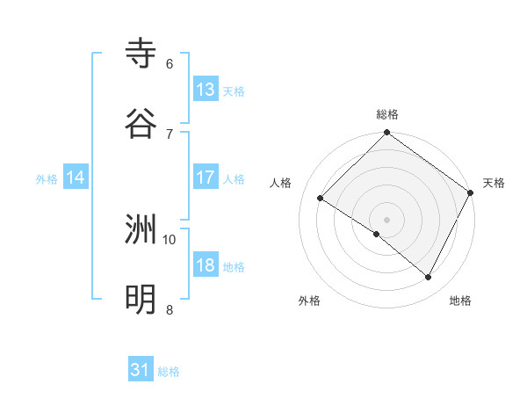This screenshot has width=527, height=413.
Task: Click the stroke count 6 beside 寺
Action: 170,64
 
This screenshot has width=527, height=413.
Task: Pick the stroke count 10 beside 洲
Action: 170,239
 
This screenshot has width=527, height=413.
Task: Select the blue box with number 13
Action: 206,90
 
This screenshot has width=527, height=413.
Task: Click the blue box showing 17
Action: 206,178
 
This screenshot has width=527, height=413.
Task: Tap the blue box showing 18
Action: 206,265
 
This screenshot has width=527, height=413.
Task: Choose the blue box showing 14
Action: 76,178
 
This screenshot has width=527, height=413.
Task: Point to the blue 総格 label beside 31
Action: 169,372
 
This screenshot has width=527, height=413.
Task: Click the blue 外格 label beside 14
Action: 47,179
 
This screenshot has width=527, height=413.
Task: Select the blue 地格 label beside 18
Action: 234,267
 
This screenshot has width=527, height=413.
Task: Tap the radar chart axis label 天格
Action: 494,183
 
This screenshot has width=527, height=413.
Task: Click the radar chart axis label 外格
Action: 309,301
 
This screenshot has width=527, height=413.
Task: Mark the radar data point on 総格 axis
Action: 386,134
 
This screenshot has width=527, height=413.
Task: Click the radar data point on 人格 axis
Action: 321,199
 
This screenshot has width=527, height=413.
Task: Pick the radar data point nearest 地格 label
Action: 429,278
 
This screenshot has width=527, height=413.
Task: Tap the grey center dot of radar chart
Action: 386,219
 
